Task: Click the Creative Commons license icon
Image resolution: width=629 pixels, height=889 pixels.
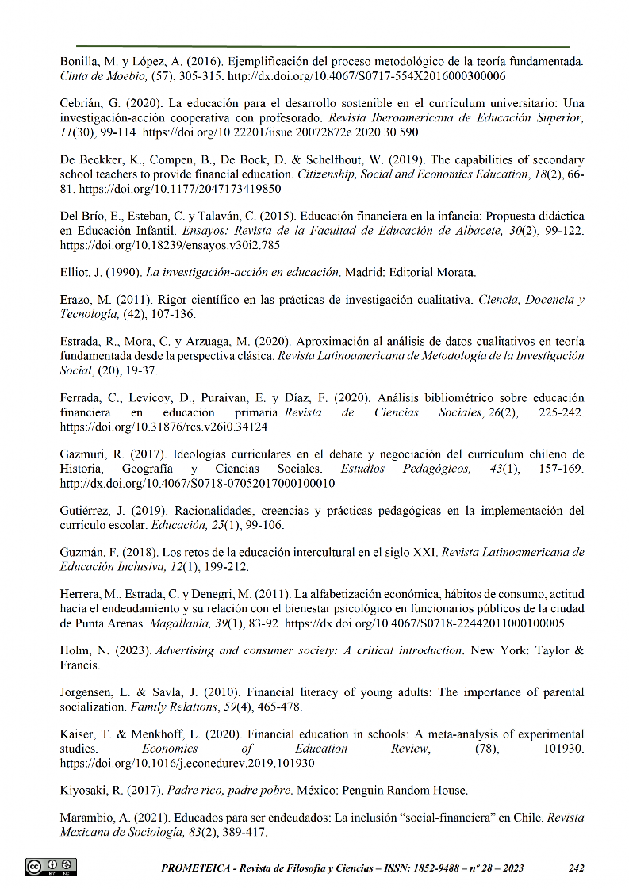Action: pyautogui.click(x=52, y=867)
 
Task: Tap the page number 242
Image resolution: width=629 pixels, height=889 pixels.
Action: pyautogui.click(x=577, y=868)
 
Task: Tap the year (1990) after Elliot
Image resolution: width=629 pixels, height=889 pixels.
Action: pyautogui.click(x=117, y=274)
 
